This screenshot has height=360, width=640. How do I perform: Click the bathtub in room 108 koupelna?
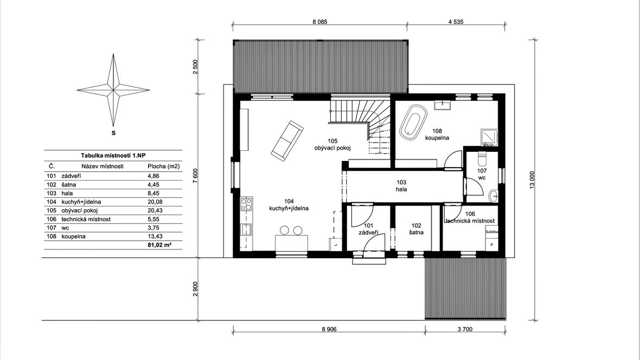[x=413, y=122]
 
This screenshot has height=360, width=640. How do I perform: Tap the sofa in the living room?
[x=287, y=140]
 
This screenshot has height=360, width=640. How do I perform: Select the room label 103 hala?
[x=401, y=186]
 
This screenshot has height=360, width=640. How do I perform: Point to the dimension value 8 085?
[x=320, y=22]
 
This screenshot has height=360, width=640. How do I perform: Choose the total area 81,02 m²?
[x=159, y=245]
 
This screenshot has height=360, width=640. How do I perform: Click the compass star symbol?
[x=113, y=90]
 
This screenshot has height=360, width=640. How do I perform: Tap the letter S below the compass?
[x=113, y=133]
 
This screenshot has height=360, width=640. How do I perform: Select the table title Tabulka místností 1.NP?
[x=113, y=156]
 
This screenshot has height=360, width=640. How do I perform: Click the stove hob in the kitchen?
[x=246, y=204]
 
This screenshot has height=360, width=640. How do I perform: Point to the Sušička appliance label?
[x=491, y=232]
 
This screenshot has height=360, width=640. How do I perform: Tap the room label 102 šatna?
[x=417, y=229]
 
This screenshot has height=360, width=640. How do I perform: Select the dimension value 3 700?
[x=464, y=329]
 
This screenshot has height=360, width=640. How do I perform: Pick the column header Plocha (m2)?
[x=163, y=166]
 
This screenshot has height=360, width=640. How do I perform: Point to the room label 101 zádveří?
[x=369, y=229]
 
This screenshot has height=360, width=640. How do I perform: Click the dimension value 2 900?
[x=195, y=289]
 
